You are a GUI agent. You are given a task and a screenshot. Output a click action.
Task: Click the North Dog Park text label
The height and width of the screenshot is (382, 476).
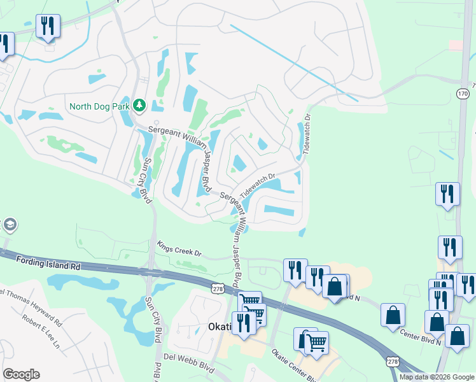click(99, 106)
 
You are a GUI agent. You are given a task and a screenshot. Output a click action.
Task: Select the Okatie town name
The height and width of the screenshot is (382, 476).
click(222, 327)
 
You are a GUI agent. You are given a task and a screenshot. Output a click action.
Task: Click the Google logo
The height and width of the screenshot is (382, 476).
click(22, 374)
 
